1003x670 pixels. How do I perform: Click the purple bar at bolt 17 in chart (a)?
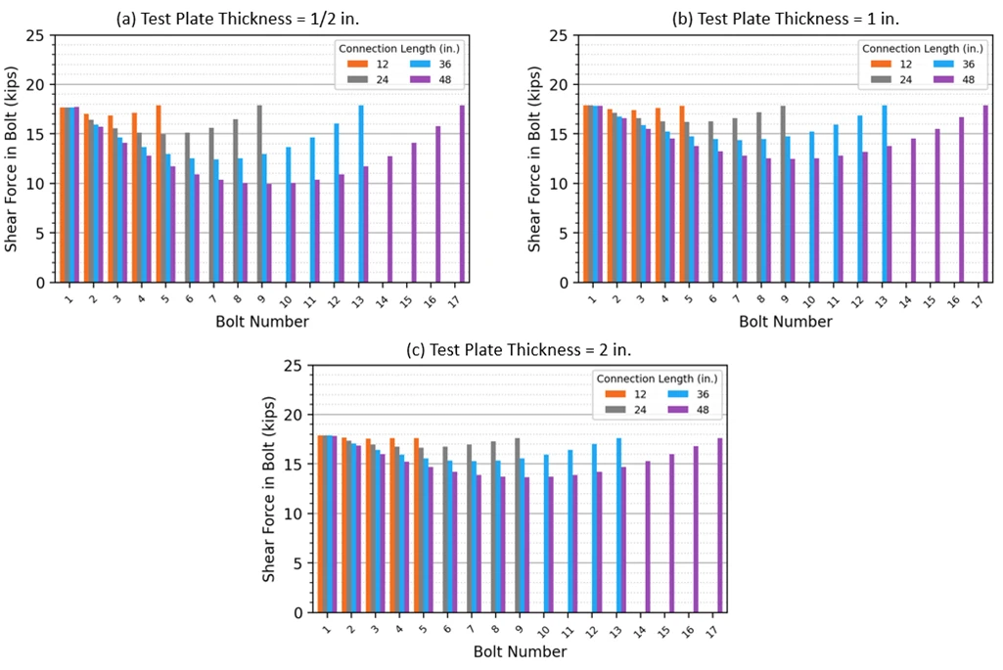(x=462, y=194)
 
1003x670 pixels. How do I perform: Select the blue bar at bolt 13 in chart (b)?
(x=885, y=194)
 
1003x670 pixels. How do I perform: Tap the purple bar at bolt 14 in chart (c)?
(x=648, y=537)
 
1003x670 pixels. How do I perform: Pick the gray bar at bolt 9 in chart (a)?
(x=259, y=194)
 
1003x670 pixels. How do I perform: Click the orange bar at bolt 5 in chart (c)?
(x=417, y=525)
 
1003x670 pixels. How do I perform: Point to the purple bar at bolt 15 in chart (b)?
(x=937, y=205)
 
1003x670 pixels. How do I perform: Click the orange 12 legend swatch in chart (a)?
(x=357, y=64)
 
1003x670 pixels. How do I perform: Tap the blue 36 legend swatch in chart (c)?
(x=678, y=394)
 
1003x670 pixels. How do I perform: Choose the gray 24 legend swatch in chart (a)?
(x=357, y=80)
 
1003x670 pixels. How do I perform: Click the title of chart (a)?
(x=238, y=19)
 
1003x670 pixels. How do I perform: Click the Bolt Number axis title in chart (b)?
(x=786, y=322)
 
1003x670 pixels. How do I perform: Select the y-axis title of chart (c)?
(x=269, y=489)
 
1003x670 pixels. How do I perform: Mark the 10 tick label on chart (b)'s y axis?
(x=559, y=184)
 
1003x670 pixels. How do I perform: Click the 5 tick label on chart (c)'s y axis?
(x=297, y=563)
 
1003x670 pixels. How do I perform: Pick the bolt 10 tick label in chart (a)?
(x=286, y=300)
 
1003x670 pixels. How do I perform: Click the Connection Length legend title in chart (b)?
(x=923, y=49)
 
